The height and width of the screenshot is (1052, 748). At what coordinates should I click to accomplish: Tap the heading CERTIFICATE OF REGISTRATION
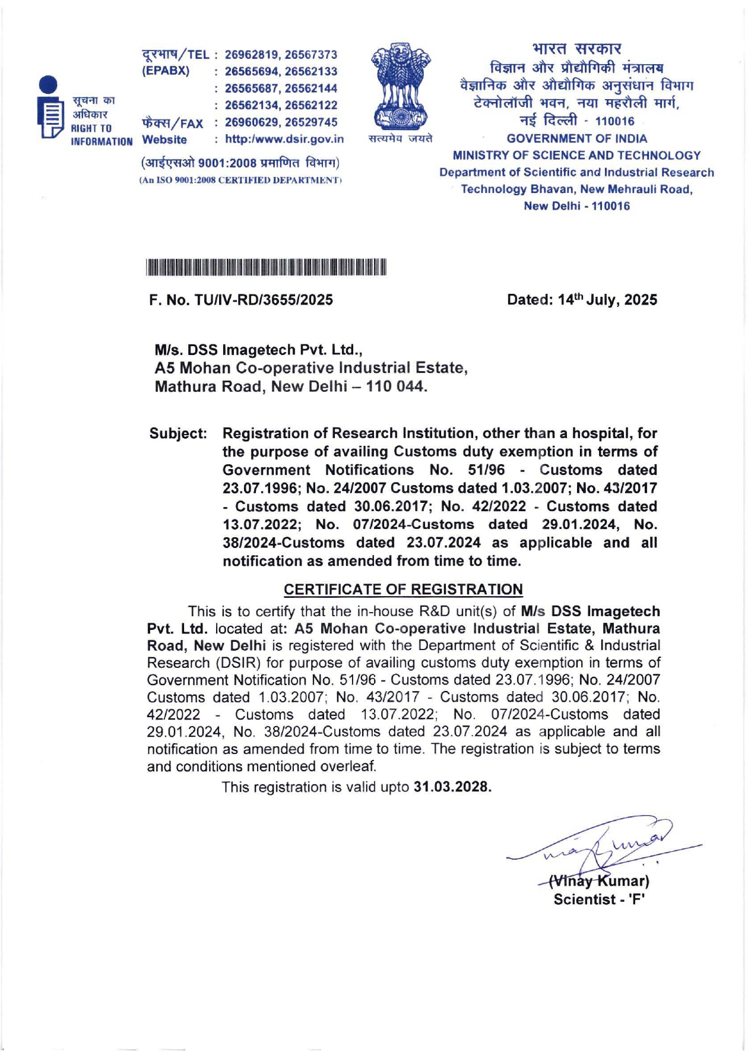click(403, 590)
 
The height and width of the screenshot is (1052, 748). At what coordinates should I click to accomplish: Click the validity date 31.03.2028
click(452, 787)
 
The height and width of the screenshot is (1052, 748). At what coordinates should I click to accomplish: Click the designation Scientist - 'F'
click(599, 899)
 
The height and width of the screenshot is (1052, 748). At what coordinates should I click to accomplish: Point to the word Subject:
click(178, 433)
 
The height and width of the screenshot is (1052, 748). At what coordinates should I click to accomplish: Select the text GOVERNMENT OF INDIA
click(576, 139)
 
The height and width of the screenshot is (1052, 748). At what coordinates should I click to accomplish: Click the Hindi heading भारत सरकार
click(576, 48)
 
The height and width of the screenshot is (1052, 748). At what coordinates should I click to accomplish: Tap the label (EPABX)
click(166, 71)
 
